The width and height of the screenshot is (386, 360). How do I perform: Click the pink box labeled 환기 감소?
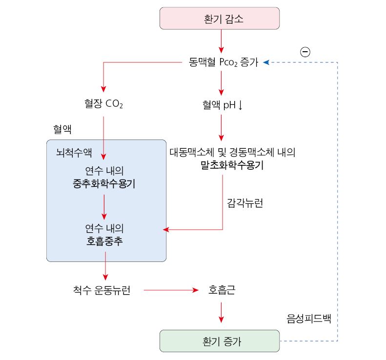pos(220,19)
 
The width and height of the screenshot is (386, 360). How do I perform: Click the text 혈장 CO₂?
pos(103,104)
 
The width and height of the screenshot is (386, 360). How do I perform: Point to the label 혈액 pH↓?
pos(223,104)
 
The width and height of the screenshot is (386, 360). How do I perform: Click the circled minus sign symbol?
pos(305,51)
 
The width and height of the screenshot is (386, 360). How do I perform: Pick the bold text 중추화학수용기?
pos(103,184)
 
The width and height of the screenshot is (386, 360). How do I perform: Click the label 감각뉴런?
pos(245,203)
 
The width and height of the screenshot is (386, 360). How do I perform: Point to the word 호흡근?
pos(222,291)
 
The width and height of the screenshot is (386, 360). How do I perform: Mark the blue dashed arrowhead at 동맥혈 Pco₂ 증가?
pos(266,62)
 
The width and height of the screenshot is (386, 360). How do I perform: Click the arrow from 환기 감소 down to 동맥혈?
pos(222,42)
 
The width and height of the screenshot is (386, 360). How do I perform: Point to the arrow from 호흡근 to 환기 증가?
pos(222,312)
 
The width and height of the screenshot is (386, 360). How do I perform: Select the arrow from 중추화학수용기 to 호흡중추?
pos(103,207)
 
